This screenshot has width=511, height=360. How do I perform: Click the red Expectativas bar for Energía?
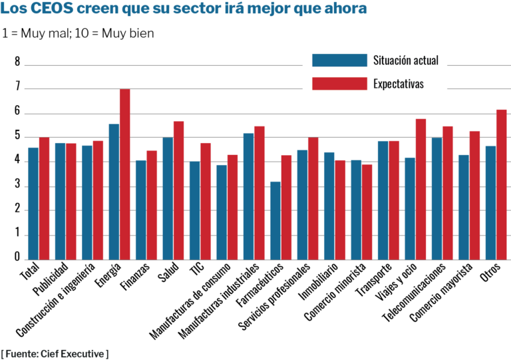click(x=124, y=174)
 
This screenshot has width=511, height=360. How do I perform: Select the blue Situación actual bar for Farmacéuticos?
click(x=275, y=220)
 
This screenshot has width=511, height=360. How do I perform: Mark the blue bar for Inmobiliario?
click(x=329, y=206)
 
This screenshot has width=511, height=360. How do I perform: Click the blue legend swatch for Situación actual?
click(x=339, y=61)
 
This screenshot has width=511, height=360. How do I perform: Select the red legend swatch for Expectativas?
click(x=339, y=84)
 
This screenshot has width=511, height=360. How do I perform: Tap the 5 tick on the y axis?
click(x=18, y=137)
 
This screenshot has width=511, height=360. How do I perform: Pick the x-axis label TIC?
click(x=197, y=270)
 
